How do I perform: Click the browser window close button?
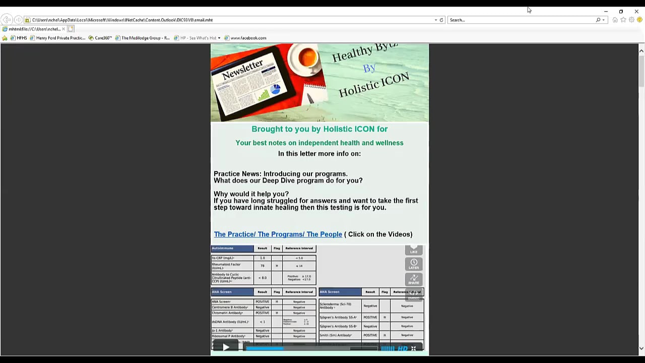(x=636, y=11)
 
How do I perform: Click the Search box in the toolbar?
(x=522, y=20)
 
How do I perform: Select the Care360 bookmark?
(x=103, y=38)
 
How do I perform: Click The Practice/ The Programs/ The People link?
(x=278, y=234)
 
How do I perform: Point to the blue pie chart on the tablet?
(x=275, y=89)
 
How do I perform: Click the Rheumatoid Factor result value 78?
(x=263, y=266)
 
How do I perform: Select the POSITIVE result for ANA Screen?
(x=262, y=301)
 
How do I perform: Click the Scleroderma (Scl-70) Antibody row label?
(x=336, y=306)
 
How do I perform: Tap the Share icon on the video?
(x=414, y=279)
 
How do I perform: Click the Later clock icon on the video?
(x=414, y=264)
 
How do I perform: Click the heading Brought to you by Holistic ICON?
(x=319, y=129)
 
